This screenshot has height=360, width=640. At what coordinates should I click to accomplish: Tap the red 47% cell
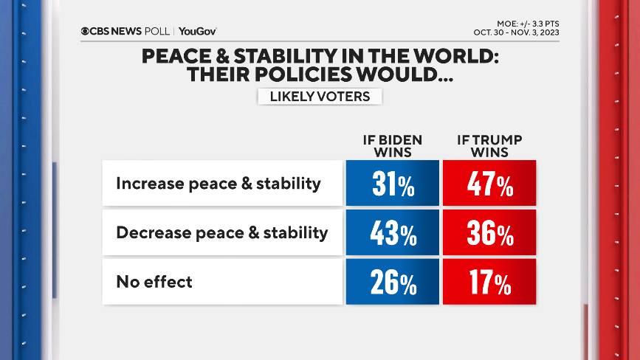[489, 184]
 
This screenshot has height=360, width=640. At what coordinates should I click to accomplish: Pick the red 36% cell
[489, 233]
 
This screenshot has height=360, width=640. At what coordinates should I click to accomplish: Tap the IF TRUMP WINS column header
[489, 146]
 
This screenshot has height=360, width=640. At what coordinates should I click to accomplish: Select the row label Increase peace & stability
[219, 184]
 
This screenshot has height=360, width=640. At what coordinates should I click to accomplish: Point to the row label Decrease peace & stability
[221, 232]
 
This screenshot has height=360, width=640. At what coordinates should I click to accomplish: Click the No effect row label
[154, 281]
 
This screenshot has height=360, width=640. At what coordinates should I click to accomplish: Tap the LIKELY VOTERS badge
[319, 97]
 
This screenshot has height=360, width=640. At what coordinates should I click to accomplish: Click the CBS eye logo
[86, 31]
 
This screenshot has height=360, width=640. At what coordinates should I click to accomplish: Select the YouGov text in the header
[197, 31]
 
